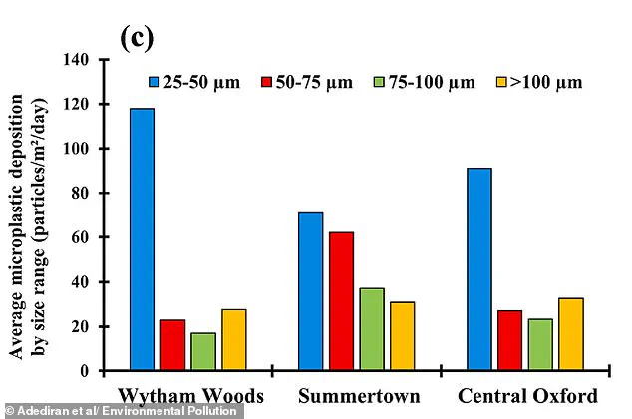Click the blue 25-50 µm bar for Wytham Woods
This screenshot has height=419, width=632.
point(141,239)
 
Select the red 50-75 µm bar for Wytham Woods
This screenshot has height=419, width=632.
point(172,345)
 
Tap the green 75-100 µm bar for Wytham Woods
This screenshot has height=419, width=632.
point(203,352)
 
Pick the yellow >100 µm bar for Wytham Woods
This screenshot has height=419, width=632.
point(234,340)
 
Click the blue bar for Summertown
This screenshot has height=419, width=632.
point(309,291)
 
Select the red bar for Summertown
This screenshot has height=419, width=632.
point(341,301)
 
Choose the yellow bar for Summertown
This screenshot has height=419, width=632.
point(402,336)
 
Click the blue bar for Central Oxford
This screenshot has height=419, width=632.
point(477,269)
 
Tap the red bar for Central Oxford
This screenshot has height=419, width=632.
point(508,341)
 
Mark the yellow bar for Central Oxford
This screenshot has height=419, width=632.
point(570,334)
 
